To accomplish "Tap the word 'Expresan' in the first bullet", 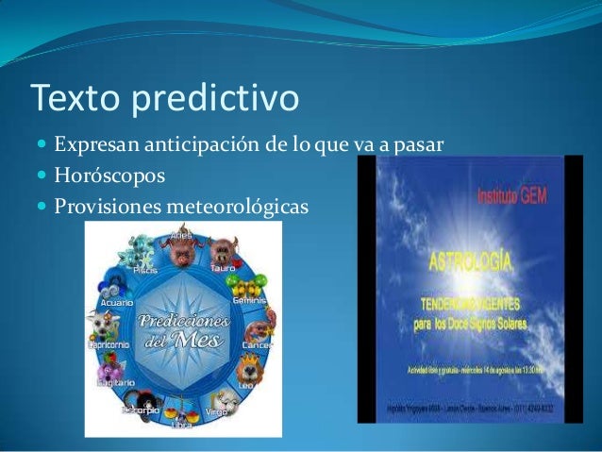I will click(x=92, y=147).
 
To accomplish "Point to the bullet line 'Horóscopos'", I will click(x=109, y=176).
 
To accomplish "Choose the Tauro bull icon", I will click(x=223, y=251).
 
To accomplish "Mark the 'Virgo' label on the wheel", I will click(x=216, y=413).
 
